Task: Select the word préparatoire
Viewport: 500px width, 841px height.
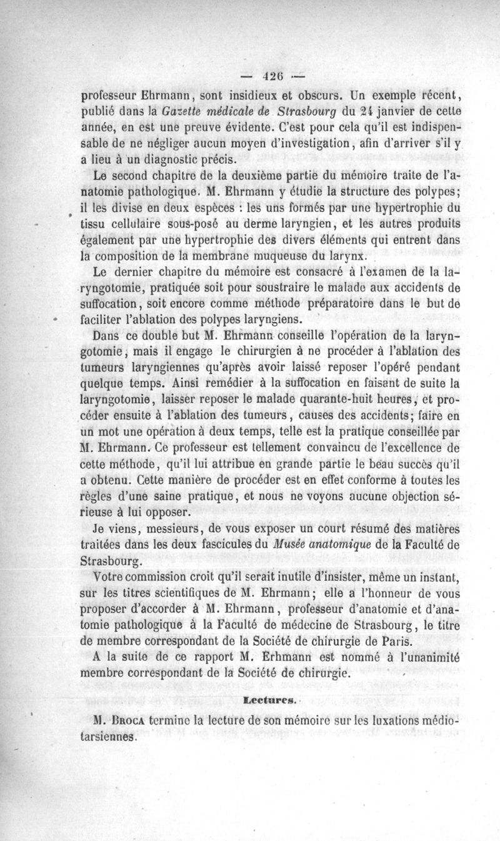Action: (x=355, y=305)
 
